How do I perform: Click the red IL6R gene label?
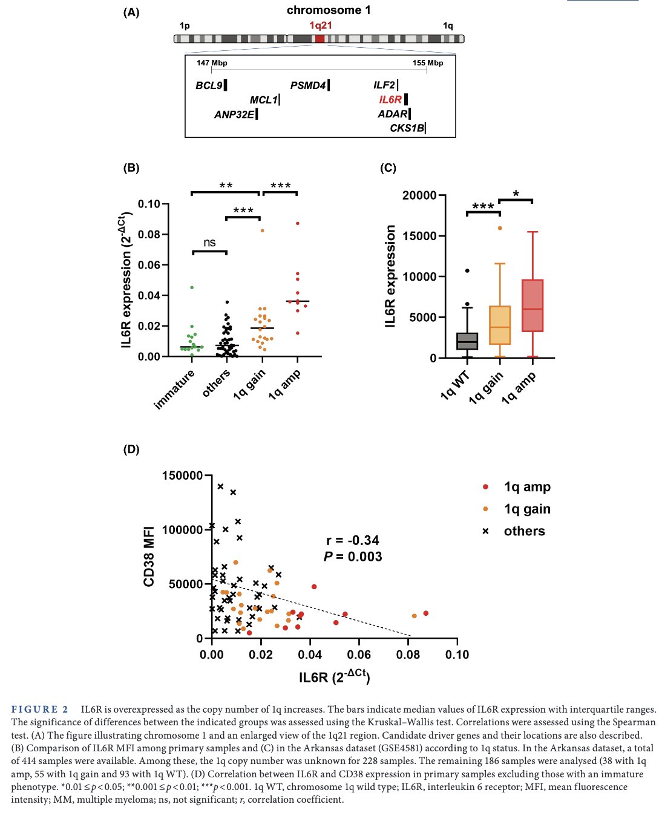pyautogui.click(x=390, y=99)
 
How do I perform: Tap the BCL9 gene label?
pyautogui.click(x=209, y=85)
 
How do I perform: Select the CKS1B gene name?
pyautogui.click(x=407, y=128)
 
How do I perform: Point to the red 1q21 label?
pyautogui.click(x=320, y=25)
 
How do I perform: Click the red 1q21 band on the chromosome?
pyautogui.click(x=320, y=39)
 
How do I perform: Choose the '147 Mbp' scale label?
pyautogui.click(x=212, y=63)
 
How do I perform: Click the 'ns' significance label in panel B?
pyautogui.click(x=209, y=243)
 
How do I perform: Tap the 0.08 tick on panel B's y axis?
pyautogui.click(x=149, y=234)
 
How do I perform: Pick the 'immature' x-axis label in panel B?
pyautogui.click(x=175, y=389)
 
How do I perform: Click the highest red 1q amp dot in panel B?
pyautogui.click(x=297, y=223)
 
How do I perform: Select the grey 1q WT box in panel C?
pyautogui.click(x=467, y=341)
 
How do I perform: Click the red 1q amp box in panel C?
pyautogui.click(x=533, y=305)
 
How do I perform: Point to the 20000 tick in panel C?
pyautogui.click(x=419, y=195)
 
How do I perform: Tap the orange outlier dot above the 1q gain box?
pyautogui.click(x=500, y=228)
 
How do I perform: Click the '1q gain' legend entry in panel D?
pyautogui.click(x=526, y=509)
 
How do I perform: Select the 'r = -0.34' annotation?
pyautogui.click(x=353, y=540)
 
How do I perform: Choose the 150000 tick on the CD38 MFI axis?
pyautogui.click(x=182, y=475)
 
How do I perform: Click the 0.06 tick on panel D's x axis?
pyautogui.click(x=359, y=655)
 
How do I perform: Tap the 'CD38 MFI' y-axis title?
pyautogui.click(x=149, y=557)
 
